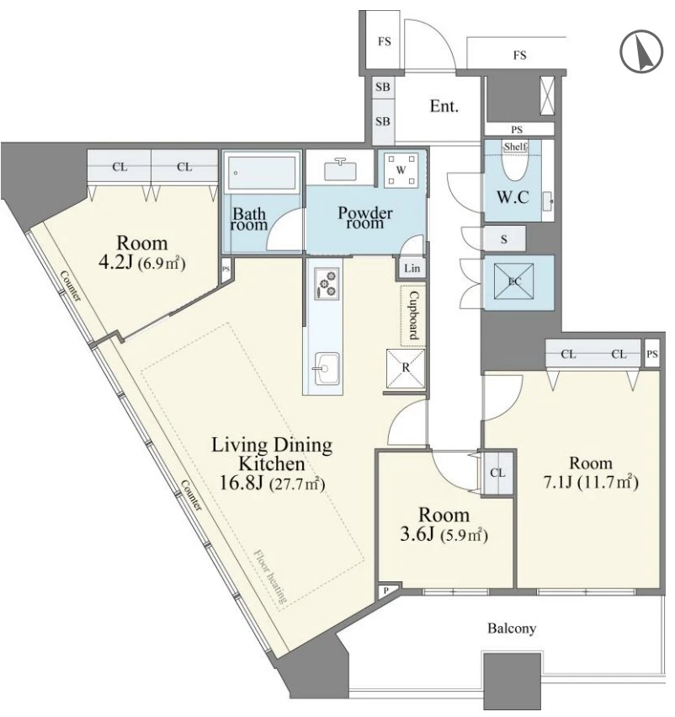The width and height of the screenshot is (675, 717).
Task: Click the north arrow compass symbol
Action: point(641,51)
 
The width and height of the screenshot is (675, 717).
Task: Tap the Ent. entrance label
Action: point(444,106)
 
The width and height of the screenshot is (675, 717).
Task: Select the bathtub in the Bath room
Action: point(262,173)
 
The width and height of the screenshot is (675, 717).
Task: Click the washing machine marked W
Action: point(401,170)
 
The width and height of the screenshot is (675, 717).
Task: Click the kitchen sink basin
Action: point(327,368)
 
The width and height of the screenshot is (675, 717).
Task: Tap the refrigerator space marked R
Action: point(406,367)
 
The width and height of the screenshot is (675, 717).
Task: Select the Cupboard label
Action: point(413,315)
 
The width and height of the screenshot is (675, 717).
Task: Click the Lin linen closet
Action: point(412,267)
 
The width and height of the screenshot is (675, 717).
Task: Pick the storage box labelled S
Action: point(504,238)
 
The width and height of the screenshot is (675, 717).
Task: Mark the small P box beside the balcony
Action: point(387,591)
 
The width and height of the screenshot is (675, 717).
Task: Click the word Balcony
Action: point(512,629)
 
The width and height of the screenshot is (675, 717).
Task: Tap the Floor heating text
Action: point(270,575)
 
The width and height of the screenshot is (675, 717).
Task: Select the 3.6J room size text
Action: point(444,534)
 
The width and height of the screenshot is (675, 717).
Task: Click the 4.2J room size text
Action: point(142,263)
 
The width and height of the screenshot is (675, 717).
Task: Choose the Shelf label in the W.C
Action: point(515,147)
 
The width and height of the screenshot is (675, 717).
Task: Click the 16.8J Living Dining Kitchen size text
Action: point(272,484)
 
